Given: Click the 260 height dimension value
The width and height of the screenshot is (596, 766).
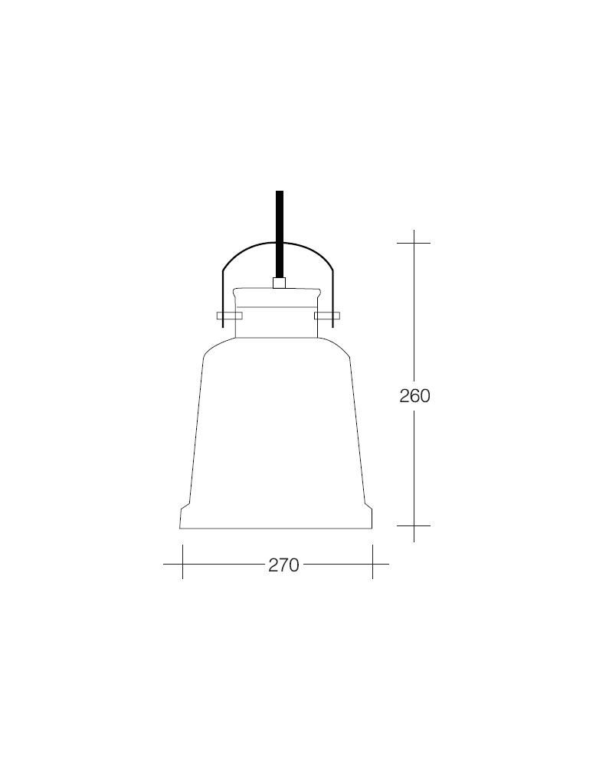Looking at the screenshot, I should tap(414, 396).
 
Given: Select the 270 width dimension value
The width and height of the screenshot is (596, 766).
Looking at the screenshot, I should tap(283, 565).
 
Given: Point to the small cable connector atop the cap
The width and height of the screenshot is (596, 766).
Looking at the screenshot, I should tap(279, 283).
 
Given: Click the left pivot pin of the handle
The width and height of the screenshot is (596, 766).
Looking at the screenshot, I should tap(229, 315).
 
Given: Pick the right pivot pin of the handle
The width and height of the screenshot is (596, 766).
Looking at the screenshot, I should tap(327, 315).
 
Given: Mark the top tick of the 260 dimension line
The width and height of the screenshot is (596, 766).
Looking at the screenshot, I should tap(414, 243).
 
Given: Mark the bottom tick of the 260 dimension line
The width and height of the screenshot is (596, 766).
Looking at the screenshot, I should tap(414, 526).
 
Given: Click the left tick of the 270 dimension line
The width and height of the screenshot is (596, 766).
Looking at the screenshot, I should tap(182, 565).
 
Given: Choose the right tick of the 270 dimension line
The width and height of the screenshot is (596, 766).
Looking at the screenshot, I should tap(372, 565).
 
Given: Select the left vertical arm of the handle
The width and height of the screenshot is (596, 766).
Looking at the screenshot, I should tap(222, 299).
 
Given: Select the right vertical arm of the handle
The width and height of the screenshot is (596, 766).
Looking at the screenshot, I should tap(334, 299).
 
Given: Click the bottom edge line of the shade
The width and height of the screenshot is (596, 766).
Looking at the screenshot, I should tap(276, 529).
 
